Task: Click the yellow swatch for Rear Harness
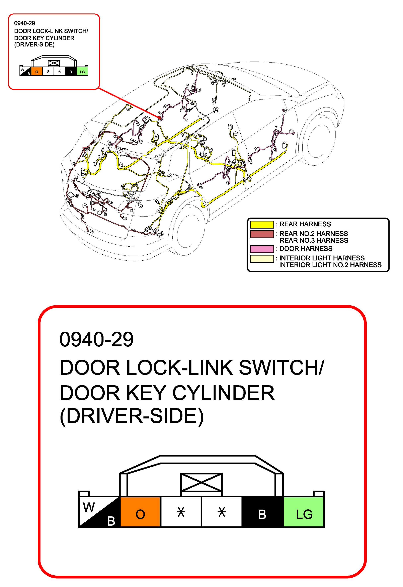[262, 224]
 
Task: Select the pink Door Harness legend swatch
[262, 249]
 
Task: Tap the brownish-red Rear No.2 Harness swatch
[262, 234]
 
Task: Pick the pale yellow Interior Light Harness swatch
[262, 258]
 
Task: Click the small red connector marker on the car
[159, 117]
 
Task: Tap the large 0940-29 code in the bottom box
[96, 339]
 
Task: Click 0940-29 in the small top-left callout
[24, 23]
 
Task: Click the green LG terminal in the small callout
[82, 72]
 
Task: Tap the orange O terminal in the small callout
[37, 72]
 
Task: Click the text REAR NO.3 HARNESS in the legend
[314, 240]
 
